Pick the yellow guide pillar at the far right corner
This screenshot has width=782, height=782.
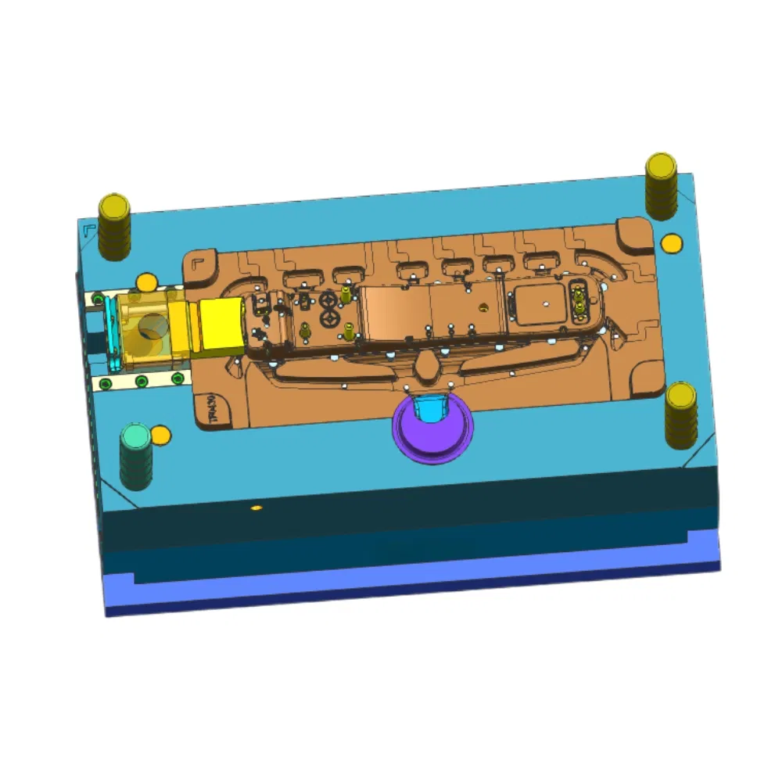662,184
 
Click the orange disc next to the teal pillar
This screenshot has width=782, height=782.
161,434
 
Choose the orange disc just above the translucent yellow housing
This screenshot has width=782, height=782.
146,282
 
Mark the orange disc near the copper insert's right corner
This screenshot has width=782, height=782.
670,243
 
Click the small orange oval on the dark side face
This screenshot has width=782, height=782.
256,508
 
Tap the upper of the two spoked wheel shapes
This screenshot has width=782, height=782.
328,300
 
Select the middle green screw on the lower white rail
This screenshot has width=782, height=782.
142,381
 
